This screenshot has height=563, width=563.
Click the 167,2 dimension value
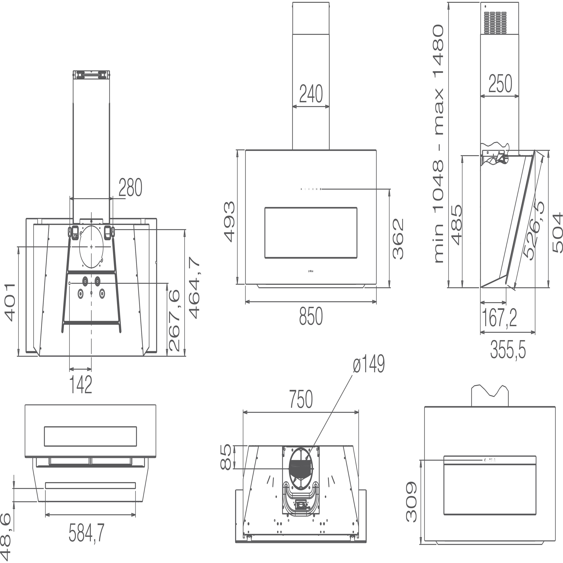[x=499, y=318]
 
